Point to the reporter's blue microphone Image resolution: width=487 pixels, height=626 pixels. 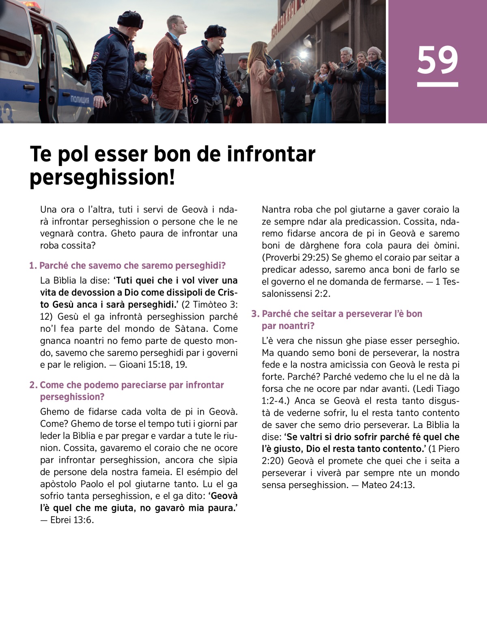coord(279,66)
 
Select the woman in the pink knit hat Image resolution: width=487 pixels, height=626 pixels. coord(374,52)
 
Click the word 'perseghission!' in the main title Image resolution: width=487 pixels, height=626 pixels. coord(103,177)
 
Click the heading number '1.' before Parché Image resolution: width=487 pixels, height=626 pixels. coord(33,266)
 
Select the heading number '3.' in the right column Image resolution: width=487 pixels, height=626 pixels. coord(255,314)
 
